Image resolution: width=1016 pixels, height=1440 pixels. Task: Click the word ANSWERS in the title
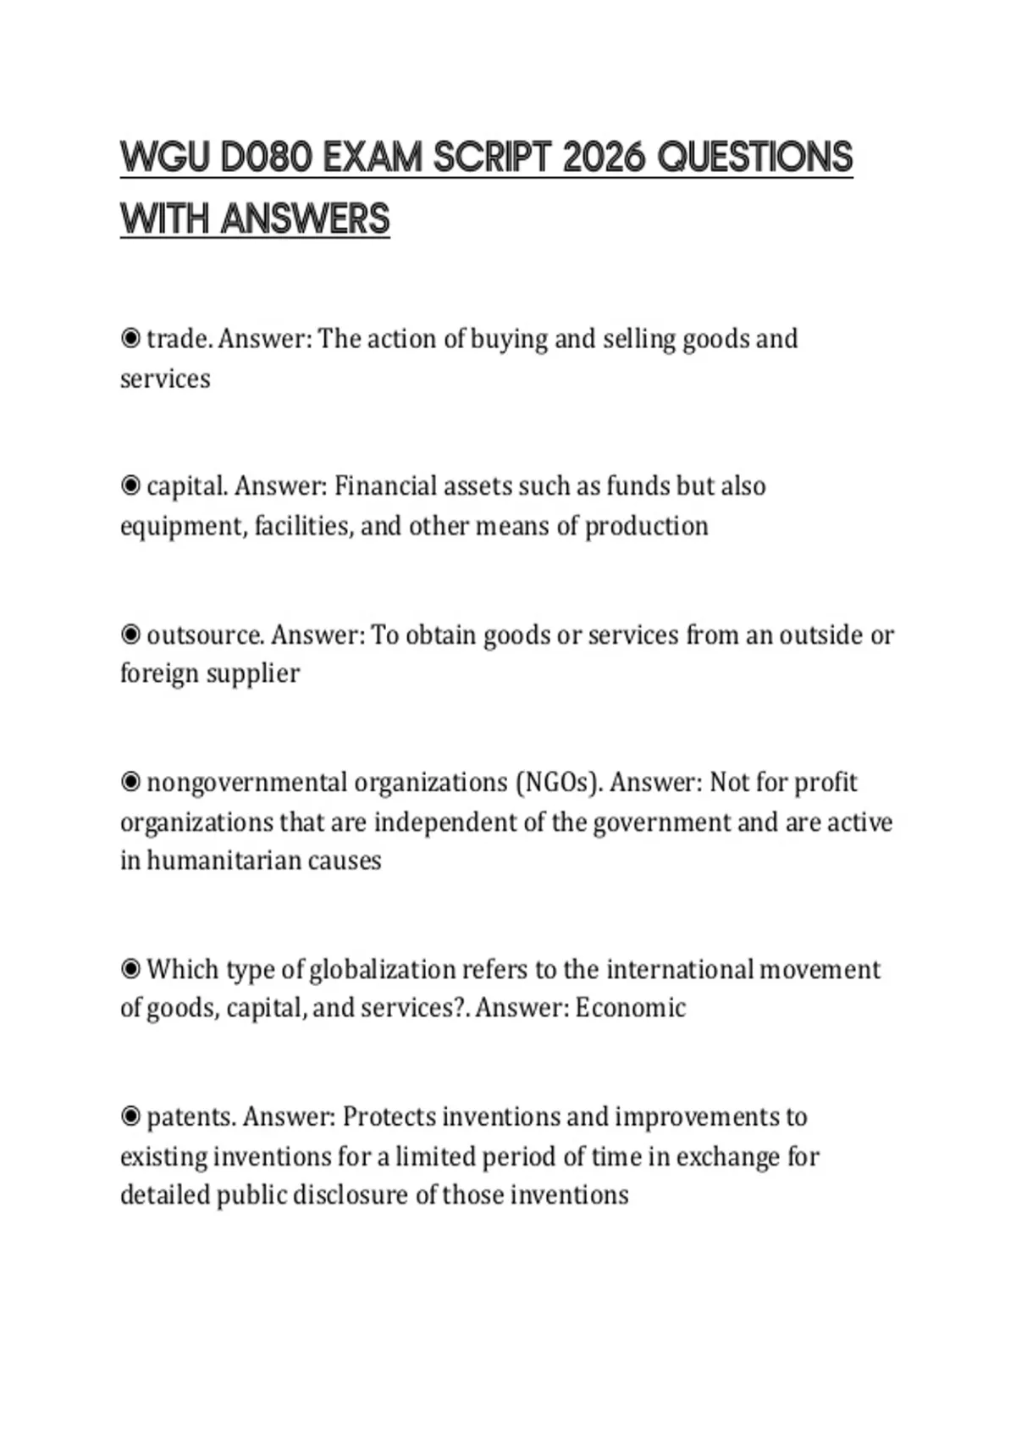click(305, 219)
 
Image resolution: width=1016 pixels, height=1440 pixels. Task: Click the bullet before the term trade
click(130, 339)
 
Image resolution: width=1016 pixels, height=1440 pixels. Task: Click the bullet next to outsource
click(130, 634)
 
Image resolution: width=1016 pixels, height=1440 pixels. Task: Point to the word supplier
click(254, 674)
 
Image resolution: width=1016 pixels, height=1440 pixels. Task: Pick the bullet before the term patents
click(130, 1116)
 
